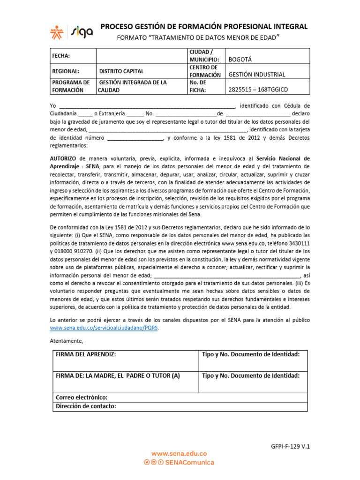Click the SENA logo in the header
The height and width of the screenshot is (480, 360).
(58, 31)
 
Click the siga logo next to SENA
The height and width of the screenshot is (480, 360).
(82, 31)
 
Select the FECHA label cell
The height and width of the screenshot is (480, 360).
(61, 56)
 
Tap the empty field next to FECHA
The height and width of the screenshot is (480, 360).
(141, 56)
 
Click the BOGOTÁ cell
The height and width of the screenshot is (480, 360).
(240, 60)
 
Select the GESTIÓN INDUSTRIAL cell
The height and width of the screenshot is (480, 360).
(256, 75)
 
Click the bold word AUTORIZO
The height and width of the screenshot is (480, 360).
(63, 158)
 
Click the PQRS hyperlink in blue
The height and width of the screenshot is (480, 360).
(104, 328)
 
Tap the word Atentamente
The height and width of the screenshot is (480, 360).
(66, 340)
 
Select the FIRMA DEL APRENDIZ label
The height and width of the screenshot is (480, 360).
(86, 354)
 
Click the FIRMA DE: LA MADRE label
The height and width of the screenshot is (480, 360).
(118, 375)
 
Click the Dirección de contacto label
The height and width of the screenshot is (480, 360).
(86, 406)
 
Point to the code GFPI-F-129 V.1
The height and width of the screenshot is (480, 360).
(291, 447)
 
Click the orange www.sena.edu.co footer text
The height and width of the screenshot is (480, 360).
(179, 454)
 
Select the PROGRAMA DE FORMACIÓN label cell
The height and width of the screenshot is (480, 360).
(71, 86)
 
